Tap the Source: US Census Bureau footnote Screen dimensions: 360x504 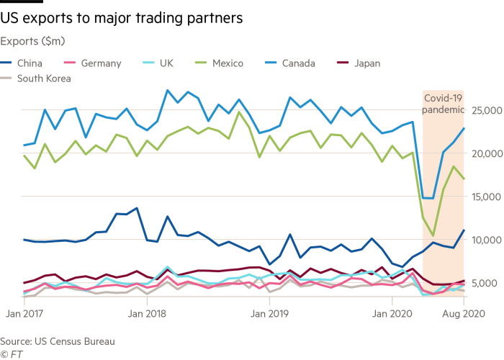coord(57,341)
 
